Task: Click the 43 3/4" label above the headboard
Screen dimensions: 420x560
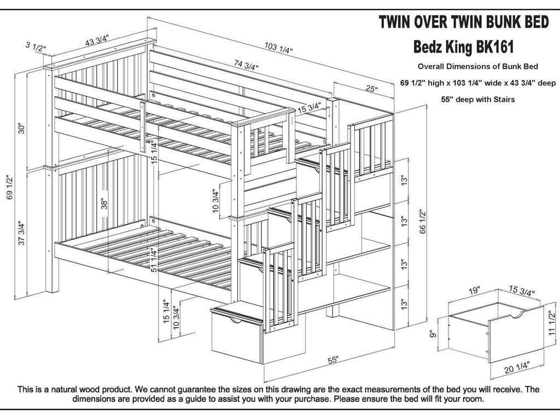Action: click(97, 40)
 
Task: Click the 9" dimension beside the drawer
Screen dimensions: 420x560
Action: click(433, 333)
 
